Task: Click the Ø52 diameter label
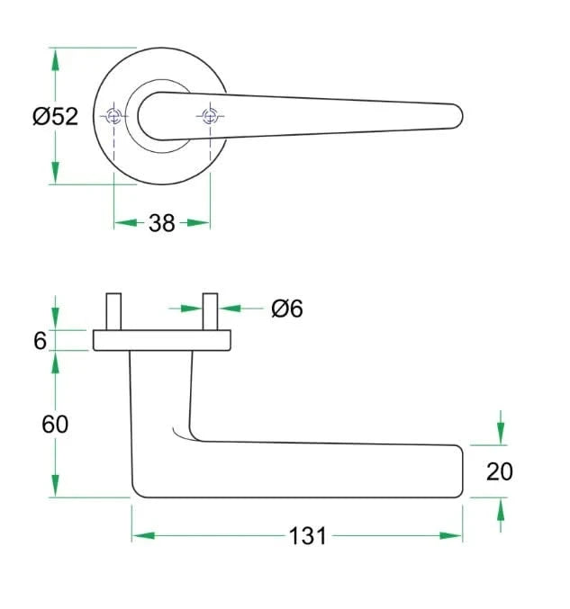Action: point(56,116)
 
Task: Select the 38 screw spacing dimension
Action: point(162,223)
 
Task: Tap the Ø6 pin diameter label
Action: point(287,309)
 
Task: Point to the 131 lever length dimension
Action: point(307,536)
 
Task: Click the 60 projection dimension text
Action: point(55,424)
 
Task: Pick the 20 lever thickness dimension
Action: point(500,471)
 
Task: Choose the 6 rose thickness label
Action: point(40,341)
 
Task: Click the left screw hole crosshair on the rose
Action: point(113,116)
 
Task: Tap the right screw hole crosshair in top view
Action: point(210,116)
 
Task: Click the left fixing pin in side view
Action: point(113,311)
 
